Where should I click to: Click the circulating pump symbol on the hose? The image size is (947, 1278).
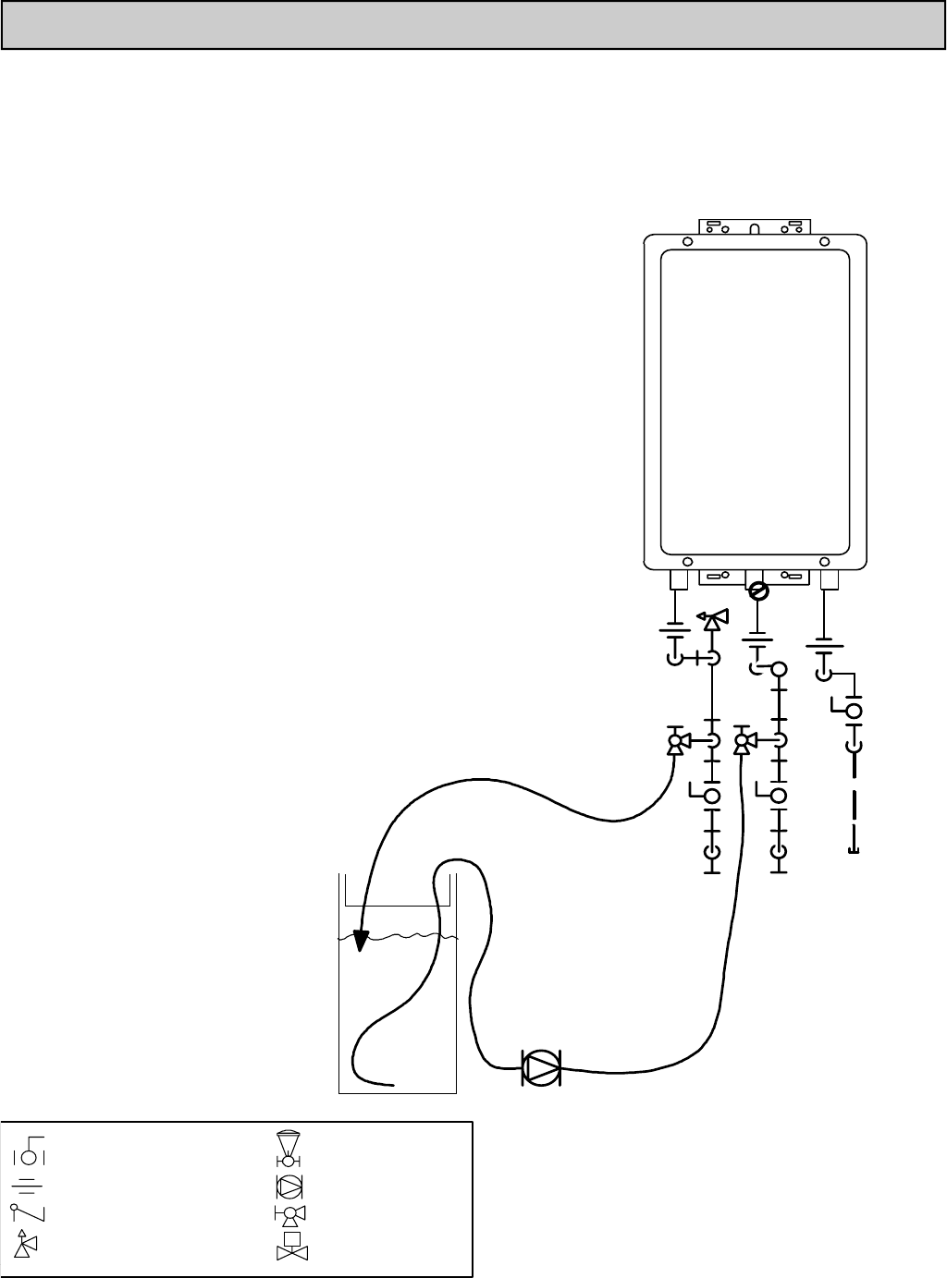pyautogui.click(x=542, y=1068)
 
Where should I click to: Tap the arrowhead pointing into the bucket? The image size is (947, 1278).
pyautogui.click(x=362, y=937)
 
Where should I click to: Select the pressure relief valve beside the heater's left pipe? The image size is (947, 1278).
pyautogui.click(x=712, y=619)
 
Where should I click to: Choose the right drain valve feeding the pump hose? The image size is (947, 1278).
pyautogui.click(x=742, y=742)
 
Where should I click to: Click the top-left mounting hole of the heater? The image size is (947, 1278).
pyautogui.click(x=687, y=241)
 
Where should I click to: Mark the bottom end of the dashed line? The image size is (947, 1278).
pyautogui.click(x=853, y=850)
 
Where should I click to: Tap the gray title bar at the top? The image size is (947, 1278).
pyautogui.click(x=473, y=25)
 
